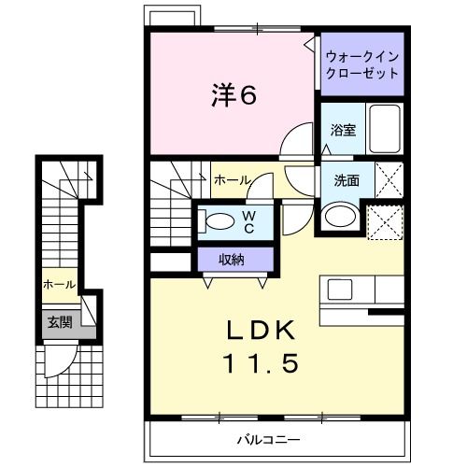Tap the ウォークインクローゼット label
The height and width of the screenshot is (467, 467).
click(x=361, y=64)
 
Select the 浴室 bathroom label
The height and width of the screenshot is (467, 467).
click(x=343, y=131)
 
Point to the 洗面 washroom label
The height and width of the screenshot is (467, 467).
click(x=347, y=180)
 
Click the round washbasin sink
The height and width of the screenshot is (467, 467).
click(x=337, y=217)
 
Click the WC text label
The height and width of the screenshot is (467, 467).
click(x=249, y=220)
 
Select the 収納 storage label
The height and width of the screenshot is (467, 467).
click(x=233, y=260)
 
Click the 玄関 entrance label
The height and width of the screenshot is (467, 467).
click(x=59, y=322)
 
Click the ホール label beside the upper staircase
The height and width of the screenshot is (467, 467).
click(x=231, y=179)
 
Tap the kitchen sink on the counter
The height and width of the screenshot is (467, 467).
click(x=339, y=289)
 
